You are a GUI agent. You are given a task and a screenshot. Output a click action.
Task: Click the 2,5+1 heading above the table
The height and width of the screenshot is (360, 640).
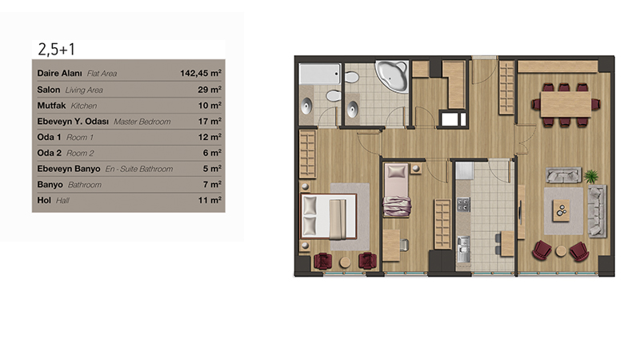(x=56, y=50)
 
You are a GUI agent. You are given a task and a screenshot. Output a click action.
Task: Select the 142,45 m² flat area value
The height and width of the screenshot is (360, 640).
(x=201, y=73)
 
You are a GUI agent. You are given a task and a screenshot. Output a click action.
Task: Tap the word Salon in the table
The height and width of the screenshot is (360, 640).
(x=49, y=90)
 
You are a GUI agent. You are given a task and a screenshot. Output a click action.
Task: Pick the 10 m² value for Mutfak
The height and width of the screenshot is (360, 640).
(x=210, y=106)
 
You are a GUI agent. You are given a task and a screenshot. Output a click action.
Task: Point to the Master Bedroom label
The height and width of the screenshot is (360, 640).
(x=142, y=122)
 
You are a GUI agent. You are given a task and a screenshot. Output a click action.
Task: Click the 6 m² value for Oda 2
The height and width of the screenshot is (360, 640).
(x=212, y=153)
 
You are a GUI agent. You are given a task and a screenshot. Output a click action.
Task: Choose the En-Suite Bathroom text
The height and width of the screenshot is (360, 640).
(x=139, y=169)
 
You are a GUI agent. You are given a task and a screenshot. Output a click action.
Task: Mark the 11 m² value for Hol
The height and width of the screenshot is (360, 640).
(x=210, y=200)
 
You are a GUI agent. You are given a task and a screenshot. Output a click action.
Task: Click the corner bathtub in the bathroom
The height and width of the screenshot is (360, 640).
(x=392, y=75)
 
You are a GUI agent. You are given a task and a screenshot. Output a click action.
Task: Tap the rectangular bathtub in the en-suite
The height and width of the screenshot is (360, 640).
(x=319, y=74)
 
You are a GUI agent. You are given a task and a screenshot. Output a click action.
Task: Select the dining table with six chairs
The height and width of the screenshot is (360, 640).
(x=566, y=105)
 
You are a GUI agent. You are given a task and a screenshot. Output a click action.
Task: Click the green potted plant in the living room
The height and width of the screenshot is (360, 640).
(x=590, y=176)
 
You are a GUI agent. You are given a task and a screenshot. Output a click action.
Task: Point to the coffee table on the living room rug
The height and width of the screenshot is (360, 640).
(x=562, y=210)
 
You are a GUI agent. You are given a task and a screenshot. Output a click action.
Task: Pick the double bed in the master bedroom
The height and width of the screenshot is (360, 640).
(x=329, y=216)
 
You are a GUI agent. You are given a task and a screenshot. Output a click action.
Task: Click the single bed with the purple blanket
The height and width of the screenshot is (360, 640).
(x=396, y=190)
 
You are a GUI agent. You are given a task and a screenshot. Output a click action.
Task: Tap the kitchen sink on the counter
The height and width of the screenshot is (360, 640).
(x=463, y=249)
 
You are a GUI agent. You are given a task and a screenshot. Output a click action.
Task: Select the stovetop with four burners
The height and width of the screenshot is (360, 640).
(x=463, y=205)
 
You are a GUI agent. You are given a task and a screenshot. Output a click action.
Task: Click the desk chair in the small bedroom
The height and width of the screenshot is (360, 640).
(x=404, y=245)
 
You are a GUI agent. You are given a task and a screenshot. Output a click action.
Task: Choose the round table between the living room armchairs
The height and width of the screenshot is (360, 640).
(x=561, y=251)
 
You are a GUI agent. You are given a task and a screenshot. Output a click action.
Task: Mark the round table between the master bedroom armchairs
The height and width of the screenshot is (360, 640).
(x=346, y=262)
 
